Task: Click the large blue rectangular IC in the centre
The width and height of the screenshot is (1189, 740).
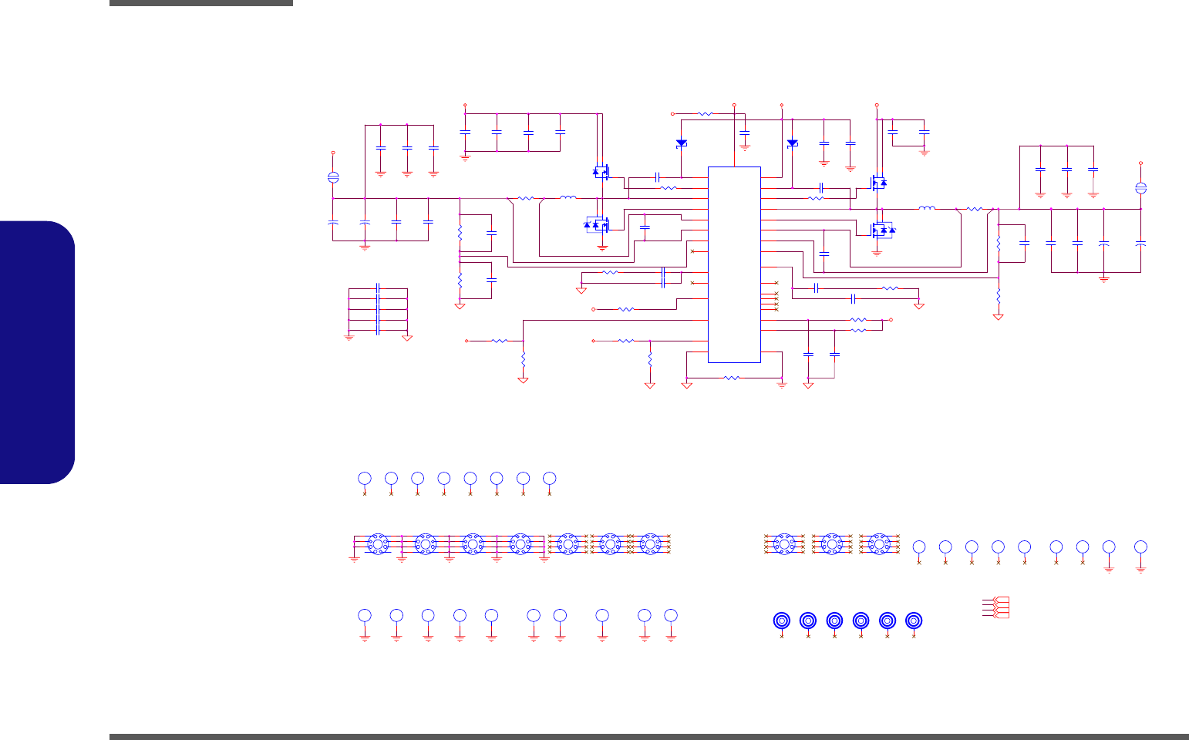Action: pyautogui.click(x=734, y=264)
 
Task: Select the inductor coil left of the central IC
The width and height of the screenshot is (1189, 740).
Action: pyautogui.click(x=568, y=198)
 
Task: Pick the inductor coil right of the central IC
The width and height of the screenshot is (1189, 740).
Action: pyautogui.click(x=927, y=208)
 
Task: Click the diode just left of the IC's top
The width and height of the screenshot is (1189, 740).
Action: pyautogui.click(x=681, y=143)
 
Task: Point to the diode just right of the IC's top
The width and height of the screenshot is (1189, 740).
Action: pyautogui.click(x=792, y=143)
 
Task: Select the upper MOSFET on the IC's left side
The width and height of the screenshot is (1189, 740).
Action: pyautogui.click(x=601, y=172)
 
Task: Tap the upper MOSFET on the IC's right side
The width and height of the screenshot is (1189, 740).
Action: pyautogui.click(x=878, y=183)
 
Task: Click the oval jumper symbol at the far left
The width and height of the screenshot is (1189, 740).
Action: pyautogui.click(x=333, y=177)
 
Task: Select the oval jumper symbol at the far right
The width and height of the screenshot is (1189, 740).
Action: pyautogui.click(x=1141, y=188)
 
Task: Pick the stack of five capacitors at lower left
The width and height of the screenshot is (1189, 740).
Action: pyautogui.click(x=378, y=310)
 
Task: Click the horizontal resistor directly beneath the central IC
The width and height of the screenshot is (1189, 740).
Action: pyautogui.click(x=733, y=378)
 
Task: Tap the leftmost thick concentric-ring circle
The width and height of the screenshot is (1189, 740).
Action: pyautogui.click(x=782, y=621)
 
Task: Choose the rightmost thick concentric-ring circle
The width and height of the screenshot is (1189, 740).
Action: pyautogui.click(x=914, y=621)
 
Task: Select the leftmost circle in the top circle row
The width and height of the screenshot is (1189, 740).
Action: pyautogui.click(x=365, y=479)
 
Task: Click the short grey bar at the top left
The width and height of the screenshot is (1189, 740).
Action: pyautogui.click(x=201, y=3)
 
